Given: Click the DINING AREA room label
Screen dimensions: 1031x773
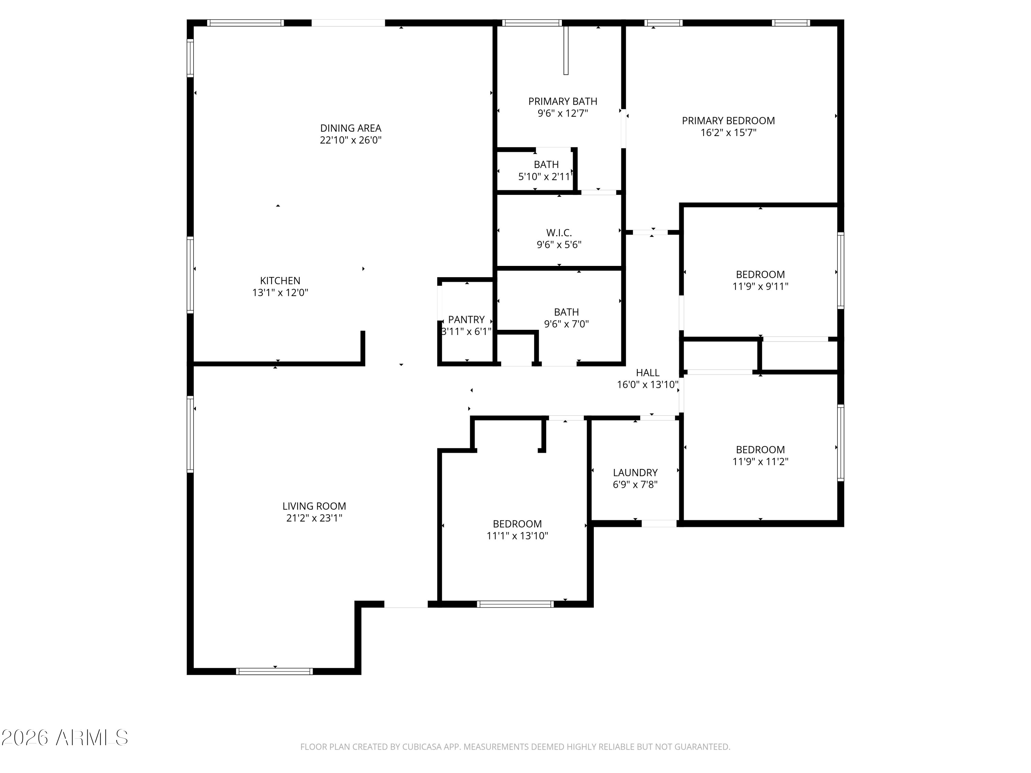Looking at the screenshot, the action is point(351,128).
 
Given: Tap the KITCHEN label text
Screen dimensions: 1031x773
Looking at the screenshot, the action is point(280,280).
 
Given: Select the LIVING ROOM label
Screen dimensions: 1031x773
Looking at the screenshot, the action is point(314,506).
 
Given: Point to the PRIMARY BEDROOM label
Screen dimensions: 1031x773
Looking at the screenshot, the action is point(728,121).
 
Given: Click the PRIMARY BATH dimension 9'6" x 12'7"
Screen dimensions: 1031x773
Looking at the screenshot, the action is point(563,113).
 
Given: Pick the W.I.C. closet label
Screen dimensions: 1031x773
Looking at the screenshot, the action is point(559,233).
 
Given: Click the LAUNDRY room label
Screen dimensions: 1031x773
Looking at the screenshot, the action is point(635,472).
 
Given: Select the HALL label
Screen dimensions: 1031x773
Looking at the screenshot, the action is point(647,373).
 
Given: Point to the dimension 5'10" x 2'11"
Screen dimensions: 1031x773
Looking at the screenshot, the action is point(545,177).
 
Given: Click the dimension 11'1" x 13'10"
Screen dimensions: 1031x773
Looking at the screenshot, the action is point(517,536).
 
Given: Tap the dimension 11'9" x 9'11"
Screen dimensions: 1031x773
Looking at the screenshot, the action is point(760,287).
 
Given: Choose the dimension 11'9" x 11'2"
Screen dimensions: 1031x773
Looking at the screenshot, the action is point(760,462).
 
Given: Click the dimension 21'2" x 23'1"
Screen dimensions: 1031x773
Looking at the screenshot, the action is point(314,518).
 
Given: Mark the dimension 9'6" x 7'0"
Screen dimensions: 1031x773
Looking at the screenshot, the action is point(566,324).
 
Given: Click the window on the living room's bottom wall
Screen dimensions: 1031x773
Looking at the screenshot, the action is point(275,671).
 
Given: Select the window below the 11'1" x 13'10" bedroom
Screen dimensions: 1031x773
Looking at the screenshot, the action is point(515,604).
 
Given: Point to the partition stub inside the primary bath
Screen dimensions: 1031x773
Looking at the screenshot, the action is point(566,50).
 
